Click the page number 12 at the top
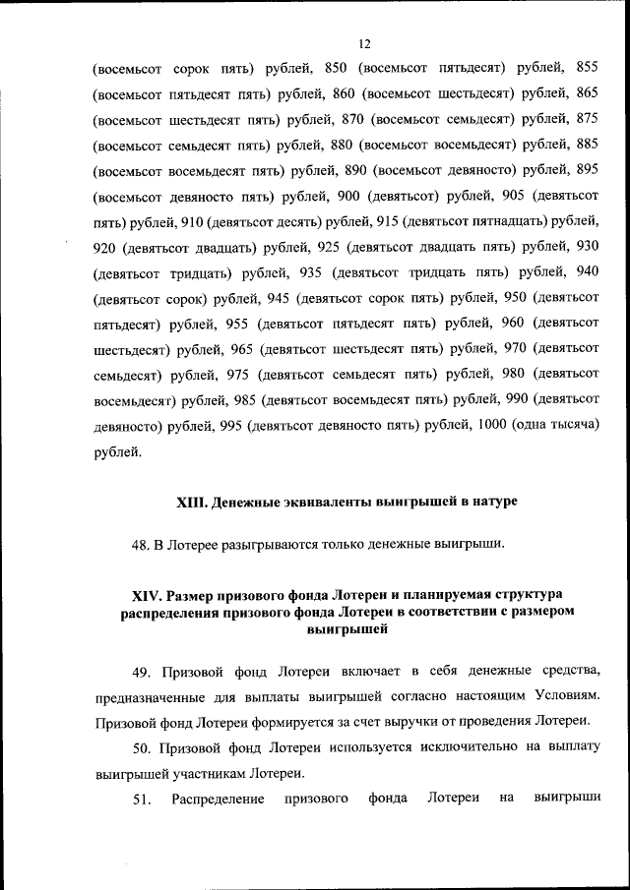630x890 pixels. (364, 44)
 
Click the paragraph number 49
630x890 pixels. (141, 673)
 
